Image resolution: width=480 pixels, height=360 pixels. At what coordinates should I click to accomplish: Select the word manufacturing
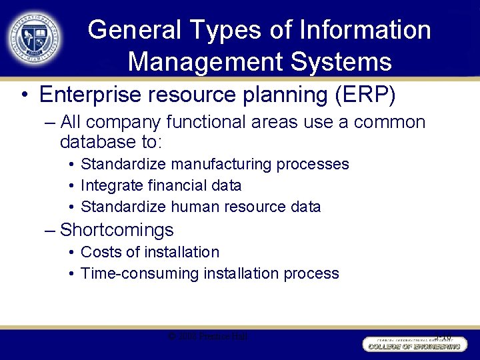click(213, 164)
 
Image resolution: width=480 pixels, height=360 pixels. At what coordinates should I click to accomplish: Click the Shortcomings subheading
click(117, 230)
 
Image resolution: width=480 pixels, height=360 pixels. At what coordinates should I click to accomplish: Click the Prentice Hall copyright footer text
click(209, 337)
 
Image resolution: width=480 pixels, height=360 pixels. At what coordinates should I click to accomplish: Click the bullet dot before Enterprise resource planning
click(23, 95)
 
